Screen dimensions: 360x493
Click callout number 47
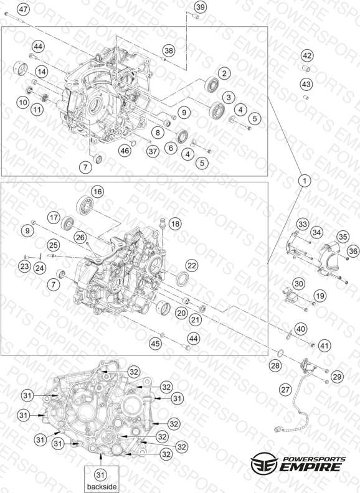pyautogui.click(x=23, y=9)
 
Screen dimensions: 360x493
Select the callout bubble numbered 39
pyautogui.click(x=200, y=7)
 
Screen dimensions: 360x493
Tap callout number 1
pyautogui.click(x=305, y=181)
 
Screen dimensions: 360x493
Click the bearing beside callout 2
pyautogui.click(x=212, y=85)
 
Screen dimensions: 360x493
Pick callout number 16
pyautogui.click(x=98, y=192)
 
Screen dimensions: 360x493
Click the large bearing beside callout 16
pyautogui.click(x=84, y=205)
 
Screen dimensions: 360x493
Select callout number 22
pyautogui.click(x=191, y=266)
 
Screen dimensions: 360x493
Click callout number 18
pyautogui.click(x=175, y=223)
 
